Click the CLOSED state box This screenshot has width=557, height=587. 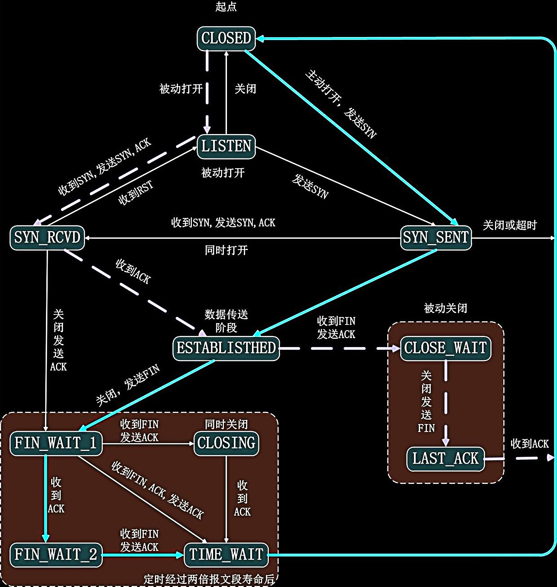tap(226, 38)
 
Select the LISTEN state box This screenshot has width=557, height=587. tap(226, 146)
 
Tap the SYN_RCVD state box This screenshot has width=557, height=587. tap(47, 238)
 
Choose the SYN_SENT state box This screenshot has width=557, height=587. tap(436, 238)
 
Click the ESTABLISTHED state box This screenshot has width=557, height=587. tap(226, 348)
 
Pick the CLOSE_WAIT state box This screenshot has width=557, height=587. tap(445, 348)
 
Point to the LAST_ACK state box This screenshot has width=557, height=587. tap(445, 459)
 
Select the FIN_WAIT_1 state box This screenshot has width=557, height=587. tap(56, 443)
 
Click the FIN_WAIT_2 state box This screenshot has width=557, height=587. tap(56, 555)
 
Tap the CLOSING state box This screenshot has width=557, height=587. tap(226, 443)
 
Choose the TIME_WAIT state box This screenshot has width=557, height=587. tap(226, 555)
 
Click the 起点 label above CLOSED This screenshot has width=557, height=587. tap(226, 7)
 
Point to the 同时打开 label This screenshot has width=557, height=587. tap(226, 250)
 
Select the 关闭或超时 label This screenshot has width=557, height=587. tap(509, 225)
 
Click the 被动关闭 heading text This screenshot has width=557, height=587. tap(445, 308)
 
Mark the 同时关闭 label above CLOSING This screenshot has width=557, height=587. tap(226, 424)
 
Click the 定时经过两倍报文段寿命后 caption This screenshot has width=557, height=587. tap(209, 579)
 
